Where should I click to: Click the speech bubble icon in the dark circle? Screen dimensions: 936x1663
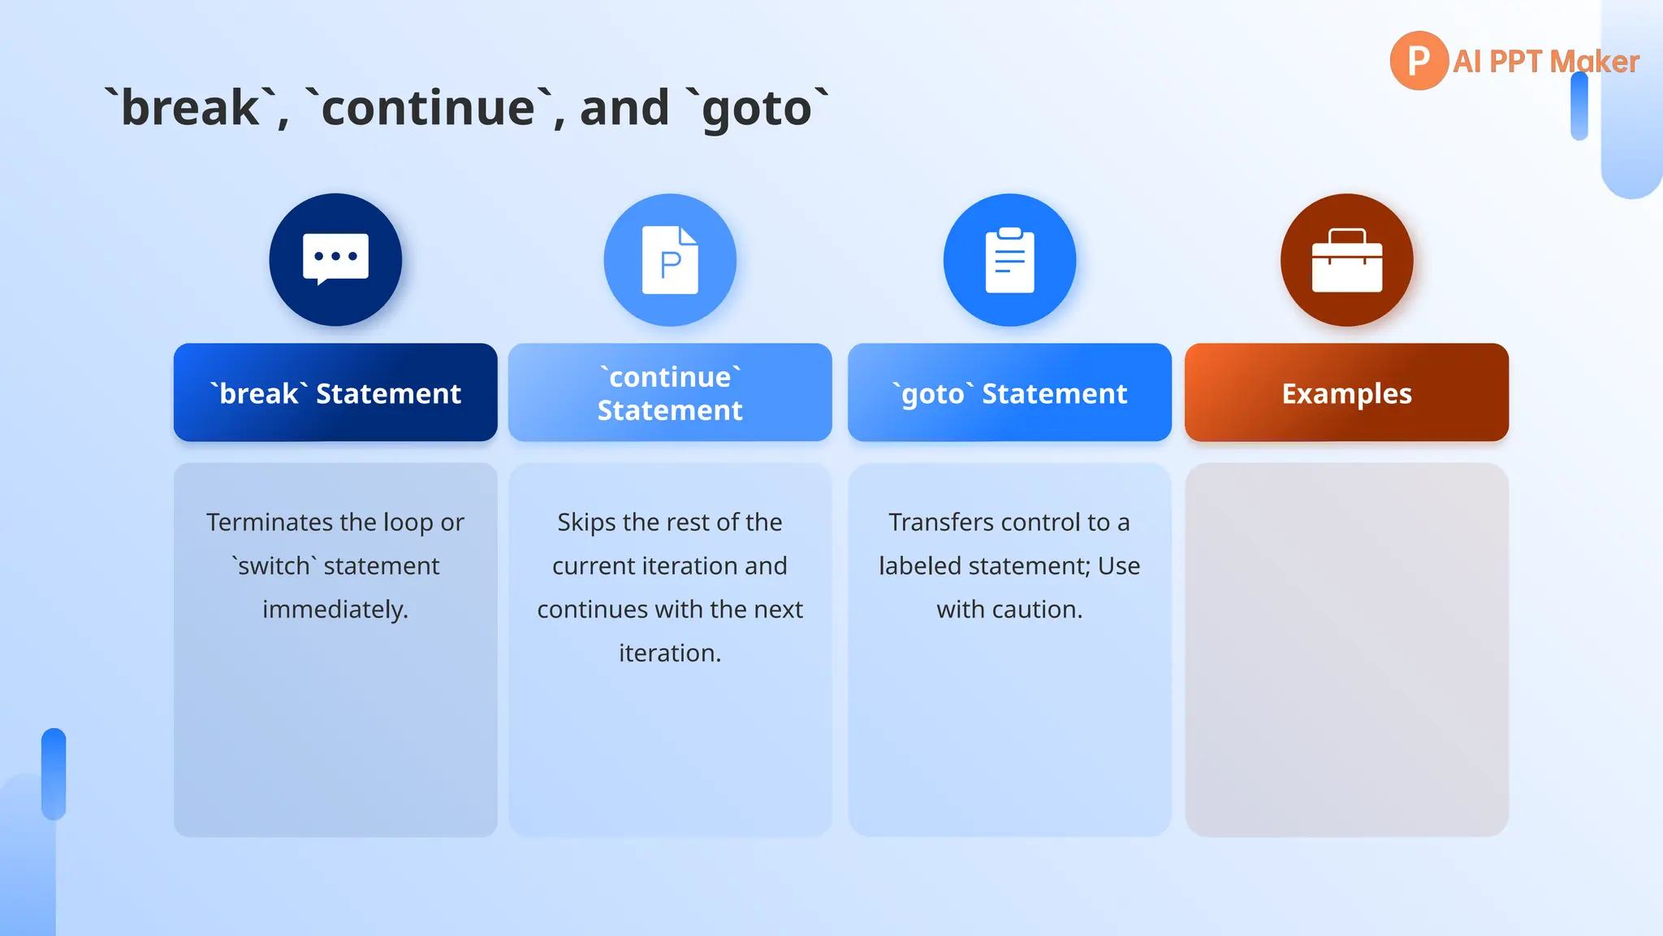pos(335,259)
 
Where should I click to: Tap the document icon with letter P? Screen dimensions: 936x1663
pos(670,260)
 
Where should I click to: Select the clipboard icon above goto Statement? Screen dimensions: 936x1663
pos(1009,260)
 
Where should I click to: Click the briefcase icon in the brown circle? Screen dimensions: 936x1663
pos(1347,260)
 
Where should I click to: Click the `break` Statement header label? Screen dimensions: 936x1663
pos(335,393)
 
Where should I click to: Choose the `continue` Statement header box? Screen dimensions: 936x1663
pos(670,393)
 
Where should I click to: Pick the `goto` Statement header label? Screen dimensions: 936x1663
pos(1009,393)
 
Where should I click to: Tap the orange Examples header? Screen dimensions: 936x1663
pos(1346,393)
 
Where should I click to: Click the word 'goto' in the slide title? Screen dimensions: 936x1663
pos(757,108)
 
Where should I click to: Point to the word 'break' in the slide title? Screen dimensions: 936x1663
pos(191,108)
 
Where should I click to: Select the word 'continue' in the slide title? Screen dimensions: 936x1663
pos(429,108)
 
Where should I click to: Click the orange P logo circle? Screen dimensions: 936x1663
pos(1419,61)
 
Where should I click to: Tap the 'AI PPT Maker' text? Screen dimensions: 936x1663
pos(1545,62)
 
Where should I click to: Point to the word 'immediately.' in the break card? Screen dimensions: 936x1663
pos(335,609)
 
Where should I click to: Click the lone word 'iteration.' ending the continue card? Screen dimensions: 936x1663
pos(670,653)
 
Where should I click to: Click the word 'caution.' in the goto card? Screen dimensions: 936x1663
pos(1043,609)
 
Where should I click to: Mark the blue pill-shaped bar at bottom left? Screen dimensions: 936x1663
pos(54,773)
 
